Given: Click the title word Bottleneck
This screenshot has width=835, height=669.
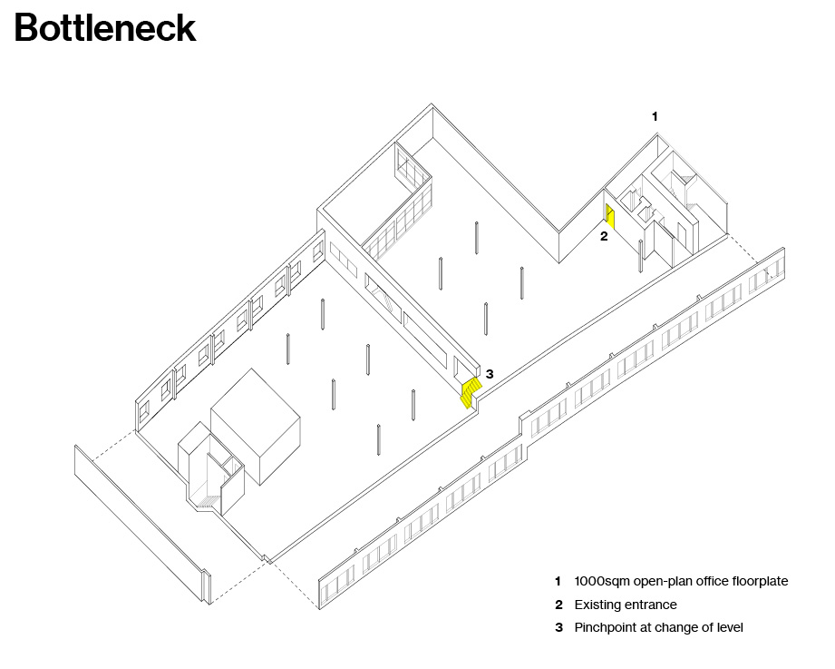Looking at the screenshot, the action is [x=105, y=28].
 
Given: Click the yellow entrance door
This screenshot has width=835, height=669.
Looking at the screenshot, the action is [x=611, y=217].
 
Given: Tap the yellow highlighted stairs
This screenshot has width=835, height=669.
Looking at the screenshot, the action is [x=471, y=393].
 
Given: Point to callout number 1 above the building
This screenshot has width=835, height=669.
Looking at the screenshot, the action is [x=655, y=116].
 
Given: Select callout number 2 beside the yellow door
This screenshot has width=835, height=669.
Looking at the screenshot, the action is [x=604, y=236].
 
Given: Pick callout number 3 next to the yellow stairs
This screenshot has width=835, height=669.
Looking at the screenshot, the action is [x=490, y=374].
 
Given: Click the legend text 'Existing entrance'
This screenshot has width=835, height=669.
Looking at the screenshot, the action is [x=626, y=605].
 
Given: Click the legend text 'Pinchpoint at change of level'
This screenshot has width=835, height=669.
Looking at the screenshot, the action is [x=658, y=627].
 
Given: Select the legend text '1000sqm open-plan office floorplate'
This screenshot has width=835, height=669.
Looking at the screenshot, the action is [x=681, y=581].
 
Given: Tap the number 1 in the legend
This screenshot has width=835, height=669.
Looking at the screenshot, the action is [x=558, y=581].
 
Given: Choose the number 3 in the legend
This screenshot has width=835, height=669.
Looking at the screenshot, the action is [x=558, y=627].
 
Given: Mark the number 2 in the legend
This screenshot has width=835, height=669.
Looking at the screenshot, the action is [x=558, y=605].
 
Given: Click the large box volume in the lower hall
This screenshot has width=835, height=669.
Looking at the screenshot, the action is [x=256, y=426].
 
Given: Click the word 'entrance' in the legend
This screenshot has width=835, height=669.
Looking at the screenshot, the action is [x=651, y=605].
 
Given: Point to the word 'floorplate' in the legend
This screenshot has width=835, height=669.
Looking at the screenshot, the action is [x=760, y=581].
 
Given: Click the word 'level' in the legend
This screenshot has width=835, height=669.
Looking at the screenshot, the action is [x=730, y=627].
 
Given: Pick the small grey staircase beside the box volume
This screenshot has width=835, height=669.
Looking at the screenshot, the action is [x=208, y=501].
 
